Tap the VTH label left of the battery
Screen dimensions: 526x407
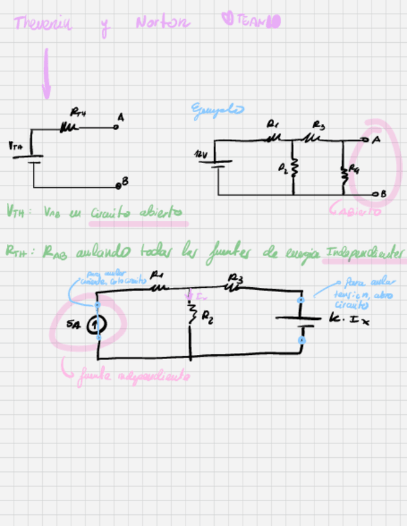point(16,147)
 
